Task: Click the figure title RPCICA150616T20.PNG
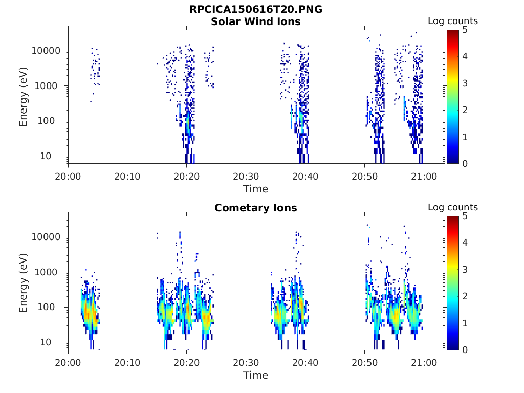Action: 256,10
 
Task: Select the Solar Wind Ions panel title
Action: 256,21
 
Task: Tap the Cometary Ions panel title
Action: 256,208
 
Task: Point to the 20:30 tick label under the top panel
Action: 246,176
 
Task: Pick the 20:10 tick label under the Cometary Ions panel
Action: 127,362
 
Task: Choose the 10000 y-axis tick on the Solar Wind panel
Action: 47,51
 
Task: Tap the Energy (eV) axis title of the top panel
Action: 24,97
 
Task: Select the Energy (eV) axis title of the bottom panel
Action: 24,283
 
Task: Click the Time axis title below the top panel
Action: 256,189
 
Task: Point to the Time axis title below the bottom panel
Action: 256,375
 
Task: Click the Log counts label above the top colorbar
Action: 453,21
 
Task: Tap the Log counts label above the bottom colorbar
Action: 453,208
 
